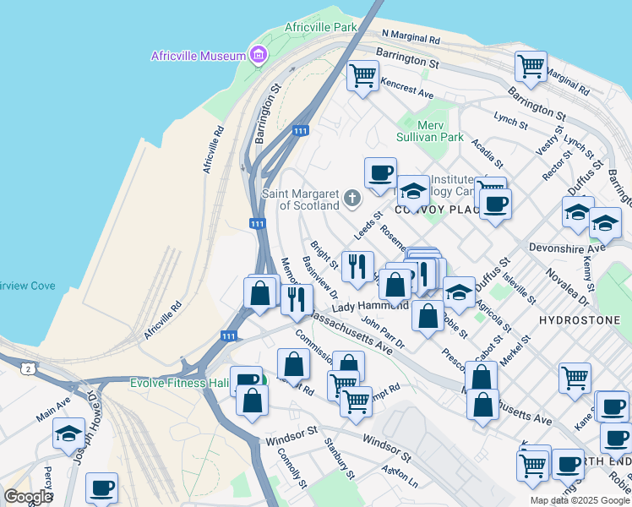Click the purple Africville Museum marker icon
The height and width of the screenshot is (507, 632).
[259, 57]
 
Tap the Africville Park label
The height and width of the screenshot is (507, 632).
[320, 27]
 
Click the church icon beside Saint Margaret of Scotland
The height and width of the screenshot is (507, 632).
[351, 199]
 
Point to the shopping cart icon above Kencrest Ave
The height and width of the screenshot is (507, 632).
[362, 75]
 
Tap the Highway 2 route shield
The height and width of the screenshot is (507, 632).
[29, 369]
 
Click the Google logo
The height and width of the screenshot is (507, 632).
[28, 497]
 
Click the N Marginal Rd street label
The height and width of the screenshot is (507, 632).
[411, 38]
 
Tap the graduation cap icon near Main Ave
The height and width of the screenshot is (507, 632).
[68, 433]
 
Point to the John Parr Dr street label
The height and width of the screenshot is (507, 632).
[383, 332]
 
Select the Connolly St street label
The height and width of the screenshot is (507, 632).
[291, 467]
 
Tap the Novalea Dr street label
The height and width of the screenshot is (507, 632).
[572, 284]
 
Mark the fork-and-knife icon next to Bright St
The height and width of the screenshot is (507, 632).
[357, 266]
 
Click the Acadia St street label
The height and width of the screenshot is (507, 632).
[488, 154]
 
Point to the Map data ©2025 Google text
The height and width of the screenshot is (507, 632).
[579, 500]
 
